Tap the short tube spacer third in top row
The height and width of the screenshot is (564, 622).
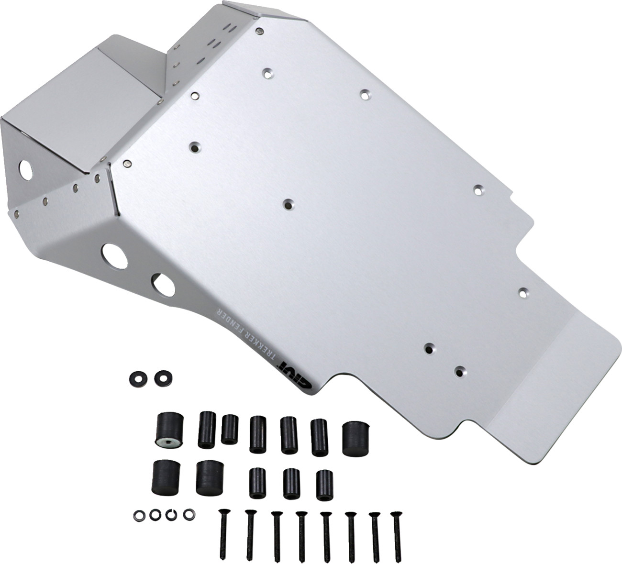tap(230, 429)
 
